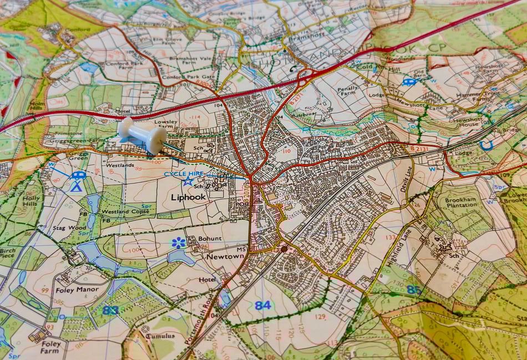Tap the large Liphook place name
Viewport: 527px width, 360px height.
coord(188,197)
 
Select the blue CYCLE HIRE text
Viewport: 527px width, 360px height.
coord(186,174)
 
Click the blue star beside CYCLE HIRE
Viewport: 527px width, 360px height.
coord(188,181)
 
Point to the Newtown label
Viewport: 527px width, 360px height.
coord(225,257)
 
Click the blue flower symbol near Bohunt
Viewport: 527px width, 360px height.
coord(178,242)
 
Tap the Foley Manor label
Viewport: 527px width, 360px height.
coord(78,290)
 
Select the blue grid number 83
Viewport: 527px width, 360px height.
coord(110,310)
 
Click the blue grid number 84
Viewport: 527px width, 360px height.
coord(262,305)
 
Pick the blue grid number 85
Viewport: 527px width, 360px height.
coord(413,289)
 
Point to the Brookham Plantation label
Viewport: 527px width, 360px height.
coord(461,201)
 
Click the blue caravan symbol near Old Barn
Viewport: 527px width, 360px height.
coord(409,82)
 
